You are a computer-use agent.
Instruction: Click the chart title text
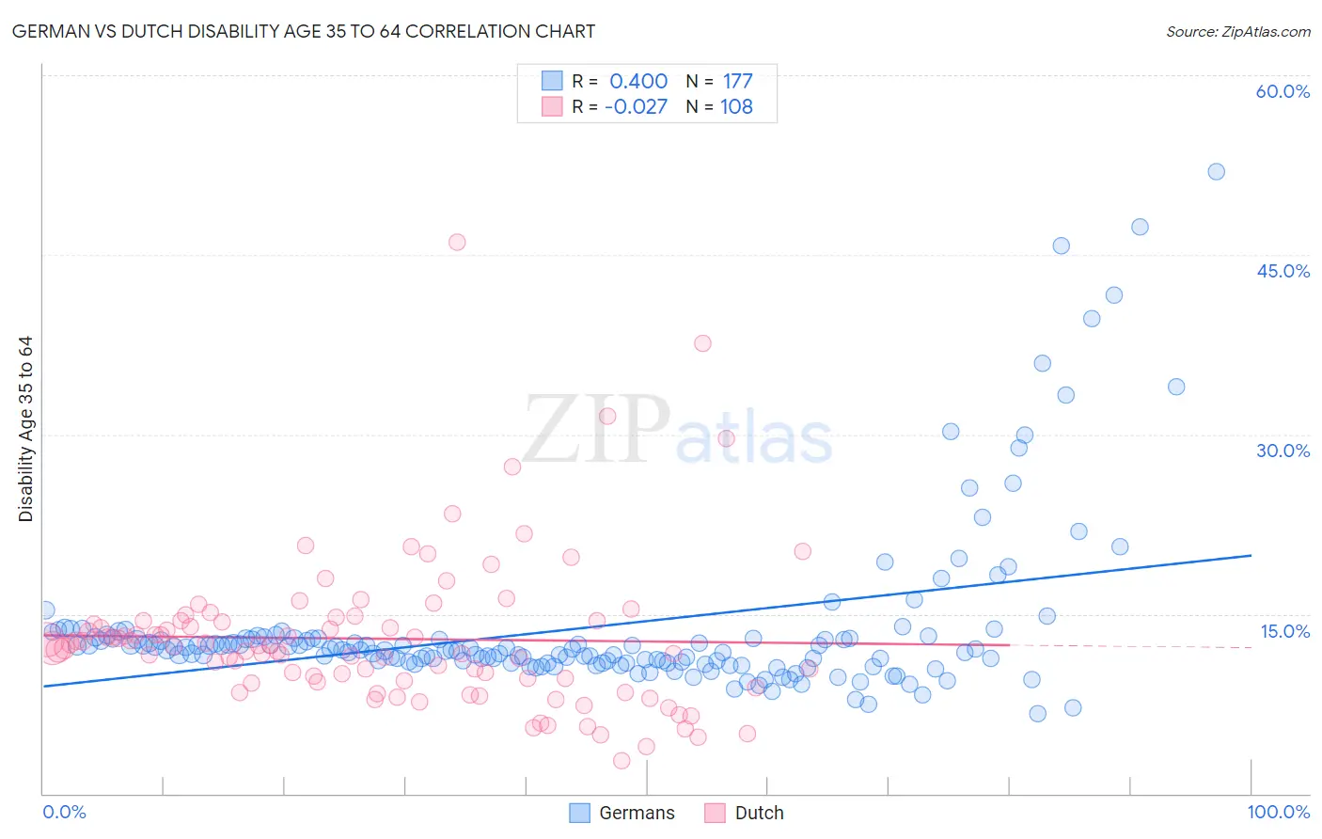point(305,31)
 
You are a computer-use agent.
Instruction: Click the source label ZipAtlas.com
point(1237,31)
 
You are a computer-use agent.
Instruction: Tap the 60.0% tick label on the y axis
point(1283,91)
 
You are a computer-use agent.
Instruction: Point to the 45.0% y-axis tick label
point(1283,271)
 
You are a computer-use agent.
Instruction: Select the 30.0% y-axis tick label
point(1283,451)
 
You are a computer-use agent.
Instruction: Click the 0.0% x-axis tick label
point(64,812)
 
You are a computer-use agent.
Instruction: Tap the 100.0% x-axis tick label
point(1278,812)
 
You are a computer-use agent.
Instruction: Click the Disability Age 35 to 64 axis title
point(25,429)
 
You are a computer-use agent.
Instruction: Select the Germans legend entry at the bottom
point(622,813)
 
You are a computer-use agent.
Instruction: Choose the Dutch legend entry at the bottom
point(744,813)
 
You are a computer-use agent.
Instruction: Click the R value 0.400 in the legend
point(638,81)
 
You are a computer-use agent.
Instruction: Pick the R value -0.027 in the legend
point(636,106)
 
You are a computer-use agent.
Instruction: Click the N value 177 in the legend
point(737,81)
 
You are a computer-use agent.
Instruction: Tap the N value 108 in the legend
point(736,106)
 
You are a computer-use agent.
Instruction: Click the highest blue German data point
point(1216,171)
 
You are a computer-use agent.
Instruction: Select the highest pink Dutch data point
point(457,242)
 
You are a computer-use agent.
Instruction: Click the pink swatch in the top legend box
point(552,106)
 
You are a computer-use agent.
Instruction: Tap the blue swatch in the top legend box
point(552,81)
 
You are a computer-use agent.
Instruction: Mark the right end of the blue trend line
point(1251,555)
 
